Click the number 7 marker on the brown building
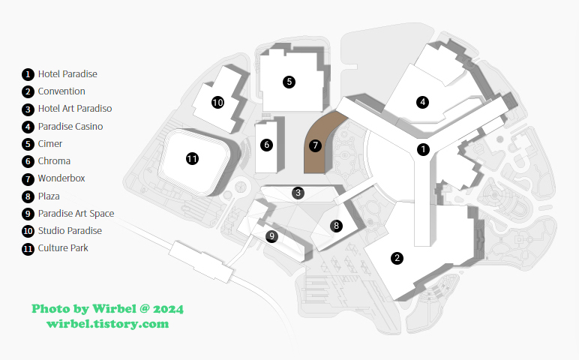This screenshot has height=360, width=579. (x=316, y=145)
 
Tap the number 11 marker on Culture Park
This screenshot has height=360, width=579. (x=192, y=158)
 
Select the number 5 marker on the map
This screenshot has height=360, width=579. (x=289, y=82)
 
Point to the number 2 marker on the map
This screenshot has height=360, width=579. (x=397, y=258)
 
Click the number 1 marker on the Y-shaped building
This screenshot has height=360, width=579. (x=423, y=149)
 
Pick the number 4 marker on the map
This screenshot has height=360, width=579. (x=423, y=101)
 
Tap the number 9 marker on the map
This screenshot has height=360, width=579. (x=272, y=235)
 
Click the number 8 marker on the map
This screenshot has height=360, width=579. (x=336, y=225)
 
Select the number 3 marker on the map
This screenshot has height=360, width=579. (x=298, y=193)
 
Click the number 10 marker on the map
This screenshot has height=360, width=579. (x=217, y=102)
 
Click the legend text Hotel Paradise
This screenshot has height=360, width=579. (x=67, y=74)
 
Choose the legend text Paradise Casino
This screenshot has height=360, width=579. (x=70, y=127)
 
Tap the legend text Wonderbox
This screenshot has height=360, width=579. (x=61, y=178)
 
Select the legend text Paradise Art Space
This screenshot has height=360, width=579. (x=76, y=213)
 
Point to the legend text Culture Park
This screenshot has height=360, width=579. (x=63, y=247)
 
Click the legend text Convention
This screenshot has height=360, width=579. (x=61, y=91)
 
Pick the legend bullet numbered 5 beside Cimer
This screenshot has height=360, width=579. (x=28, y=144)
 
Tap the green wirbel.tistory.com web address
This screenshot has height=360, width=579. (x=107, y=324)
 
